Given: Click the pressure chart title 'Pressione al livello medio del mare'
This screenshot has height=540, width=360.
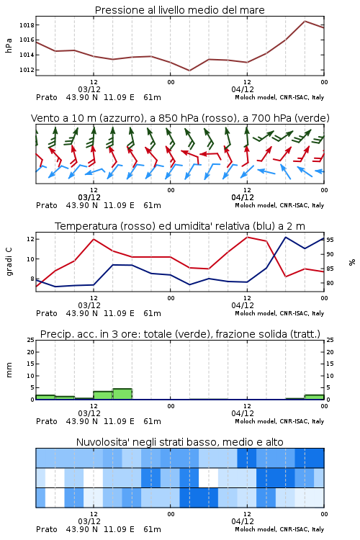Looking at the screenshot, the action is [179, 10].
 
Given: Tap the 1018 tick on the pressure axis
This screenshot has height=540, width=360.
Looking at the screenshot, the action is [27, 24].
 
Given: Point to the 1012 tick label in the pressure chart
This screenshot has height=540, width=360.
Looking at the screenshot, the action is [27, 70].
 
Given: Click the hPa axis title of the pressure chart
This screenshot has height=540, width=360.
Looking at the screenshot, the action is [9, 45].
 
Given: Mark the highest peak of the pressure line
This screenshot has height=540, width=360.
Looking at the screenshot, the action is [305, 21].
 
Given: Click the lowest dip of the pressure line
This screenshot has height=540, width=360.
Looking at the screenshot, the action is [189, 71].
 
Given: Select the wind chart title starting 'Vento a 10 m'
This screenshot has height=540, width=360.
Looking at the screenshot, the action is [180, 118].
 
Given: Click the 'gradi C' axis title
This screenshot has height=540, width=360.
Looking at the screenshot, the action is [9, 261].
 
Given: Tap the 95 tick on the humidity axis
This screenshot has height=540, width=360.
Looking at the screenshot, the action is [330, 240].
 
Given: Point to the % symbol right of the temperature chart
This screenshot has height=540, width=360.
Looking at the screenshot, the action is [352, 262].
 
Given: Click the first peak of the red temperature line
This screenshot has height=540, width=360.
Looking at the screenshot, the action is [94, 239].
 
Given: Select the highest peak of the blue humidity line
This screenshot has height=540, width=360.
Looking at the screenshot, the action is [286, 237].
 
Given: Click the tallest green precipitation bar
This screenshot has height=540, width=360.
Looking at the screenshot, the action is [122, 394].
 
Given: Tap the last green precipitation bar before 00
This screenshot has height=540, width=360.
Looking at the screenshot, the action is [314, 397].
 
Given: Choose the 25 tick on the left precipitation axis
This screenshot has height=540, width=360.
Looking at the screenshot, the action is [31, 340].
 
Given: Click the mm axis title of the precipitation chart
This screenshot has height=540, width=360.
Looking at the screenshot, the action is [9, 369].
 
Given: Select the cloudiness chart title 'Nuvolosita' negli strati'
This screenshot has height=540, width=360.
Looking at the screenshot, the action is [180, 442].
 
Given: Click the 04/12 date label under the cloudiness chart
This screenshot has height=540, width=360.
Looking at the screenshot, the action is [243, 521].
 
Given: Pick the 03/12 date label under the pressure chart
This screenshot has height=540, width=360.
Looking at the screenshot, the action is [89, 89].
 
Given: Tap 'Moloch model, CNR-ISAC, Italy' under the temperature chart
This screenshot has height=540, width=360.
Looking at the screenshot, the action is [279, 313].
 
